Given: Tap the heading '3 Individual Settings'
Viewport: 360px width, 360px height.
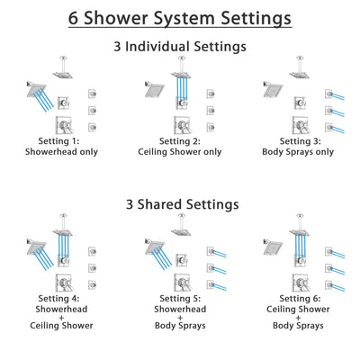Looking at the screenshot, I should click(180, 46).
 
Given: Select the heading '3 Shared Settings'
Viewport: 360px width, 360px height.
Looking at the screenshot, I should click(180, 204).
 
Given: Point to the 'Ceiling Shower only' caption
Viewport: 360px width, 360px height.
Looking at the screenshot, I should click(180, 151).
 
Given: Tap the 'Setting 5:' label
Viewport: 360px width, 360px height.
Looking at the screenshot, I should click(180, 298).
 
